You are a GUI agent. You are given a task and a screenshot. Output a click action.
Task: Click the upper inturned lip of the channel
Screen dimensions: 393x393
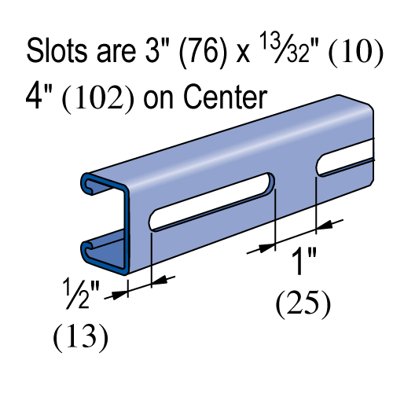(x=88, y=185)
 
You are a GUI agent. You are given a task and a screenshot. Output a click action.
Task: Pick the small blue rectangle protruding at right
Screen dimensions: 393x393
(x=383, y=149)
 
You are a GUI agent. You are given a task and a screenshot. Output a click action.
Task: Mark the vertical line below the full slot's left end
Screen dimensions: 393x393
(x=152, y=248)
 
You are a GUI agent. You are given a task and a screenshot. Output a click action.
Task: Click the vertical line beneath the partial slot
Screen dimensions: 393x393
(x=316, y=191)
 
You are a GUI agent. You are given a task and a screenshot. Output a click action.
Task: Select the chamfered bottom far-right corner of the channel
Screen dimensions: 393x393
(x=369, y=182)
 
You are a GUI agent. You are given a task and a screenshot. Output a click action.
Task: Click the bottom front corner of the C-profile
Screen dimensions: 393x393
(x=125, y=272)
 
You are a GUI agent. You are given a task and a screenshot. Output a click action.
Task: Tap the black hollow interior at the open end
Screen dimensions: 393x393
(x=106, y=216)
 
